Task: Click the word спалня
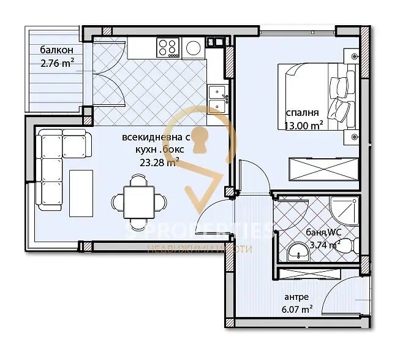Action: click(302, 113)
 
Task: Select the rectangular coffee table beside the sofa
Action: click(81, 193)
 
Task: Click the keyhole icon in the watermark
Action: click(200, 140)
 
